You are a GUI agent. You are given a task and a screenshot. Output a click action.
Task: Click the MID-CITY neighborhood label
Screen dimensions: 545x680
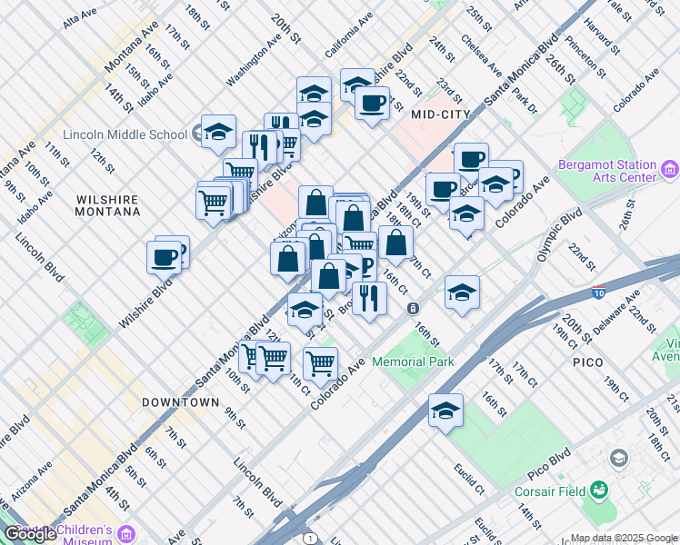[x=441, y=114]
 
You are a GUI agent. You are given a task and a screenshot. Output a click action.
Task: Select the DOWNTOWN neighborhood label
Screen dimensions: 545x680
[x=180, y=401]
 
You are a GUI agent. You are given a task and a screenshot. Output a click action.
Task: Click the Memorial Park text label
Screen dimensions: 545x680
[x=413, y=362]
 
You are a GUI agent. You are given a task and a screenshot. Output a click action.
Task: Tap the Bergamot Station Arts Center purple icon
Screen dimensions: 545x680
[x=670, y=169]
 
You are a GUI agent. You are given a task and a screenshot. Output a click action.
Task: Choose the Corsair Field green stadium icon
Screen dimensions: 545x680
[x=599, y=491]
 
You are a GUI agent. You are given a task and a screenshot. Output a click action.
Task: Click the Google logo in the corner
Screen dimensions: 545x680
[x=30, y=535]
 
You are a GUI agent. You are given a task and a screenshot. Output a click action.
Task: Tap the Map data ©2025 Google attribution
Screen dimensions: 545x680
[x=624, y=538]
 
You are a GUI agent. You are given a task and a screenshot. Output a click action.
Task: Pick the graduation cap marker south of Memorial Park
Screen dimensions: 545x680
[x=445, y=410]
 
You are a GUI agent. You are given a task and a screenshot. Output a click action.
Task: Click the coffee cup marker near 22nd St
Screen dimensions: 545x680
[x=371, y=104]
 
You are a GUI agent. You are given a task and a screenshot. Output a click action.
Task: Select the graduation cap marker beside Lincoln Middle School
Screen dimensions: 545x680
[x=218, y=132]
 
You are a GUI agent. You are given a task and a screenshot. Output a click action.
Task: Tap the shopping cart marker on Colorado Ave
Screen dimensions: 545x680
[x=320, y=363]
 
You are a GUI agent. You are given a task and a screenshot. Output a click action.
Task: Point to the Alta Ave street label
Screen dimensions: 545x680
[x=80, y=16]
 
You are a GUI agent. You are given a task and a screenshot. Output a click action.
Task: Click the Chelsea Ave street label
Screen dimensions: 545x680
[x=481, y=55]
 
